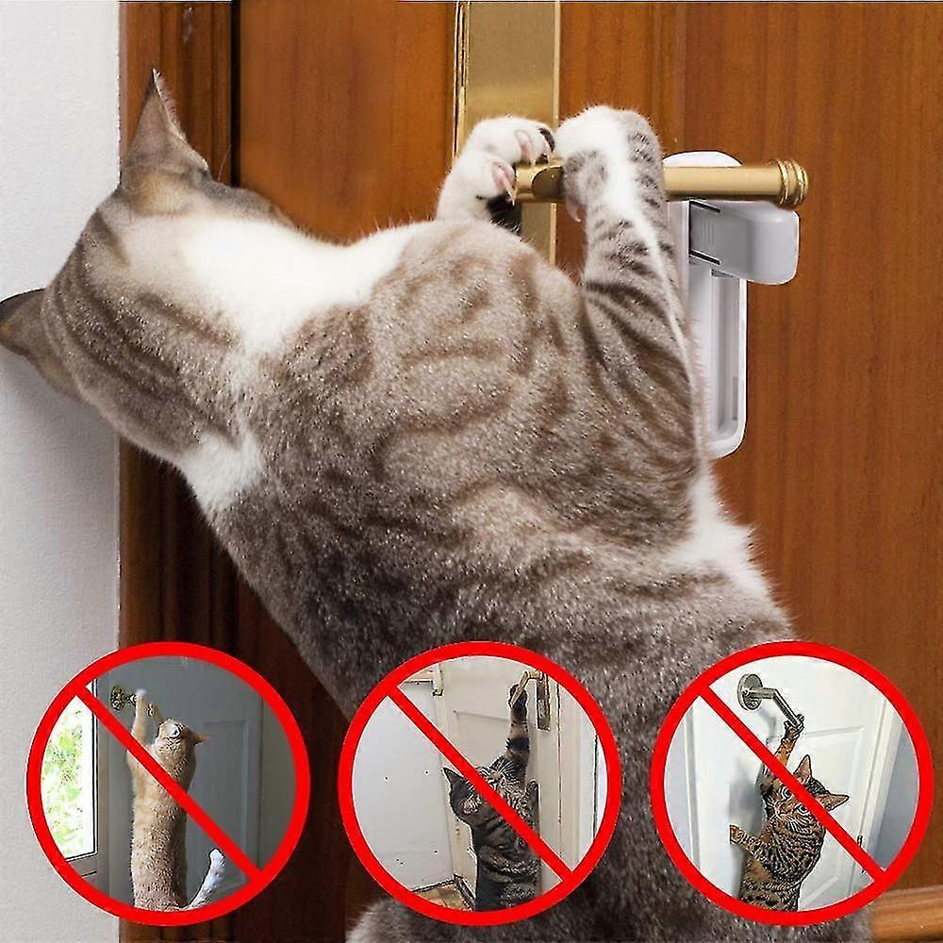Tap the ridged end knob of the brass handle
click(x=790, y=182)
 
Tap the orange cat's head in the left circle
click(x=175, y=736)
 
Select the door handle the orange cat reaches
click(x=123, y=699)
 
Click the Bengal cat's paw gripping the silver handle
click(x=790, y=725)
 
